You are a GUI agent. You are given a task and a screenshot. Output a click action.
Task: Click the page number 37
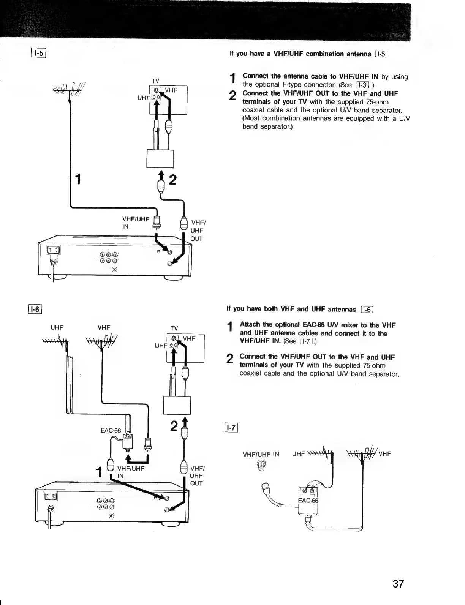[x=398, y=583]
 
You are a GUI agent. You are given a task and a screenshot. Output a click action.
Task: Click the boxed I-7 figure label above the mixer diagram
[x=231, y=428]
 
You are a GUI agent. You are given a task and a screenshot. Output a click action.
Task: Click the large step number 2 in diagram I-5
[x=173, y=180]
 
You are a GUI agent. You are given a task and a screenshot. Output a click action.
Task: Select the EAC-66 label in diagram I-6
[x=111, y=430]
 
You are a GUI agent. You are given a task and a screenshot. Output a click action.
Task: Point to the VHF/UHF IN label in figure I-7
[x=261, y=454]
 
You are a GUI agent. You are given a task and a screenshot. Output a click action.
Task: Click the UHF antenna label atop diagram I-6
[x=57, y=327]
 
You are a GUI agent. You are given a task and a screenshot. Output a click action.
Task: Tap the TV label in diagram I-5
[x=155, y=81]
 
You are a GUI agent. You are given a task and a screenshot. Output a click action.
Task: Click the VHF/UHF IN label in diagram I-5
[x=134, y=223]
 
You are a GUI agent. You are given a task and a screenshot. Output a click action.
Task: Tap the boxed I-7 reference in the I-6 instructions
[x=306, y=341]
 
